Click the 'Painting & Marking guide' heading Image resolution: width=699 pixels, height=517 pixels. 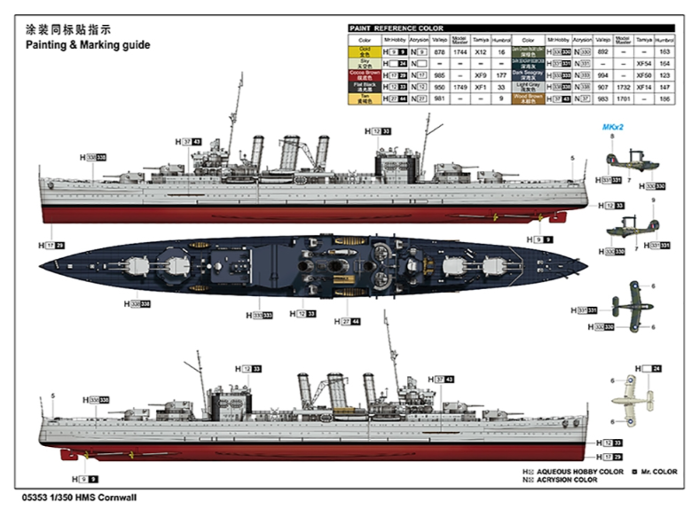[88, 45]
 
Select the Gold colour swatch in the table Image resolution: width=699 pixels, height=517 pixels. [365, 53]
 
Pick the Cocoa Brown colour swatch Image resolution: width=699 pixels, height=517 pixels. [365, 76]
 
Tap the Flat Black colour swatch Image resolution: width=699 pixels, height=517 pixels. [365, 87]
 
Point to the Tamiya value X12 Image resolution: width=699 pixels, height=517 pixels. [481, 53]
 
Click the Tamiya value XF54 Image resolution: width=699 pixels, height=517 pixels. [644, 64]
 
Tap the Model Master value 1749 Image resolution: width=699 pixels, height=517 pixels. [459, 87]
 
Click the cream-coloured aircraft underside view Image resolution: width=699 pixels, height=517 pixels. [631, 391]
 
